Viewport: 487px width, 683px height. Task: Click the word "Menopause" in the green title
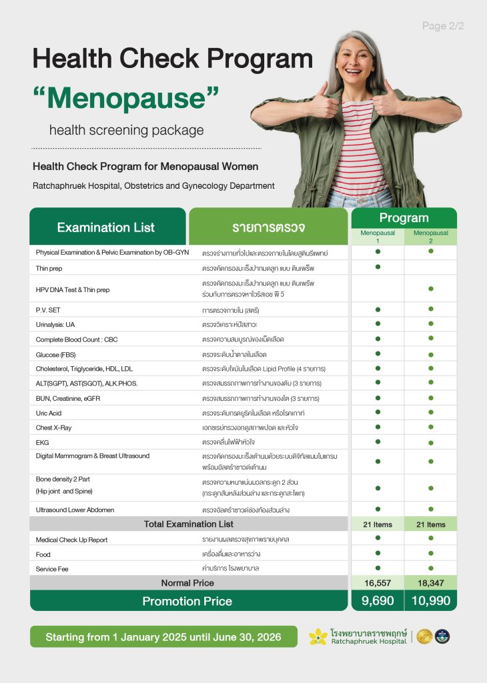[126, 99]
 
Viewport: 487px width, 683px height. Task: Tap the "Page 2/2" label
[443, 26]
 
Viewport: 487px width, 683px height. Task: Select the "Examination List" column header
[106, 227]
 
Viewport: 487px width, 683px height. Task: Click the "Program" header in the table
[404, 218]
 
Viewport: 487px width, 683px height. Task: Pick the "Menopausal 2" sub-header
[430, 237]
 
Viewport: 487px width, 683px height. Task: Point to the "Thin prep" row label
[50, 267]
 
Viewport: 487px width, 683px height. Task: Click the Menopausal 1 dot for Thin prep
[378, 267]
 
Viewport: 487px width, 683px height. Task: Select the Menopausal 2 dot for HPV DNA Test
[431, 289]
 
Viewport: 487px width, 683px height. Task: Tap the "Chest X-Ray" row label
[54, 427]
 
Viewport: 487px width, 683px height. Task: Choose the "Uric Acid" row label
[49, 413]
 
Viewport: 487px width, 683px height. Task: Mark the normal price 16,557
[378, 583]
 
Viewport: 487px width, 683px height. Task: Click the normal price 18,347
[431, 583]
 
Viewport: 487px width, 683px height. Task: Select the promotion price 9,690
[378, 601]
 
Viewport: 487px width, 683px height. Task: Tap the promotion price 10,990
[431, 601]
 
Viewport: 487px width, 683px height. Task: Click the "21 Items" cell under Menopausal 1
[378, 524]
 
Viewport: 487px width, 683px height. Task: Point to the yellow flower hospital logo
[318, 637]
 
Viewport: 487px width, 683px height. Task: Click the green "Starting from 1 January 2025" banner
[163, 637]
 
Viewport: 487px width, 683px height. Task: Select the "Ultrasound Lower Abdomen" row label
[75, 510]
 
